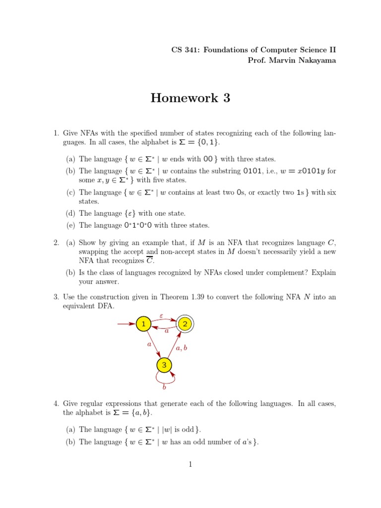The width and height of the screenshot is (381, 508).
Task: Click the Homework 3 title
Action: click(x=190, y=98)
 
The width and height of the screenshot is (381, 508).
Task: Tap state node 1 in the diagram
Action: click(x=143, y=324)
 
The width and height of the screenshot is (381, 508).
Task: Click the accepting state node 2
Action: click(x=185, y=324)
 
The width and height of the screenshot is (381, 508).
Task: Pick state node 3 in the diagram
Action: click(x=164, y=366)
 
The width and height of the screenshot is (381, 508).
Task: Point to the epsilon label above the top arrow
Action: click(x=161, y=315)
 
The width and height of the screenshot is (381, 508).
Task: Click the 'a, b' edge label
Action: click(x=182, y=348)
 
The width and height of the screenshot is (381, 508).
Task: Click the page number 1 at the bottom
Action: click(x=190, y=465)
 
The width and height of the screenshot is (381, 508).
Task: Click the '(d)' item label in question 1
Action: click(x=71, y=213)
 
